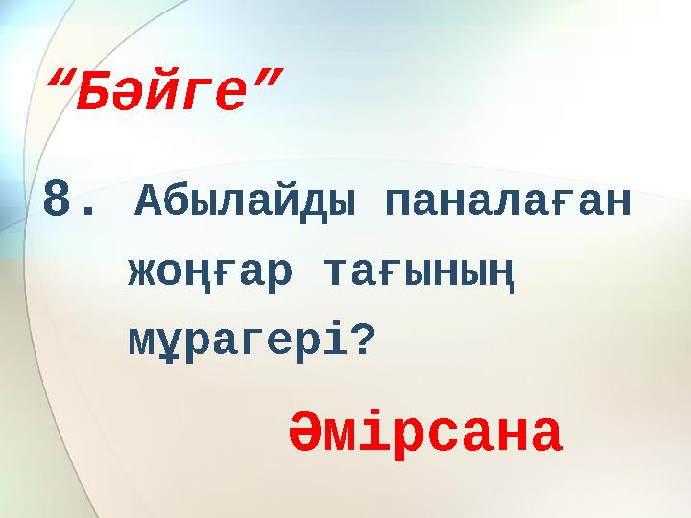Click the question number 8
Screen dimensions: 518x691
59,202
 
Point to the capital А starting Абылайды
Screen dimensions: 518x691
151,202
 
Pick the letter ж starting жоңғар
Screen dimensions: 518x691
145,271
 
